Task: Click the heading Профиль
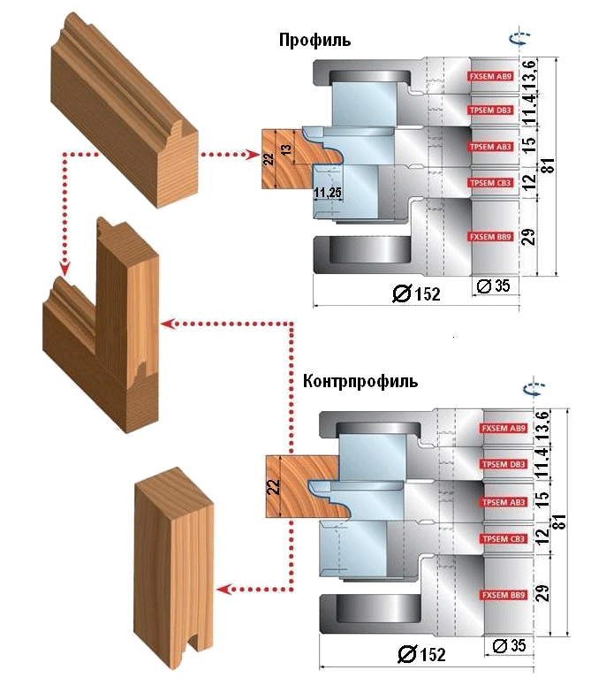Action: [x=314, y=41]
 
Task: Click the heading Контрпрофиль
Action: [x=360, y=382]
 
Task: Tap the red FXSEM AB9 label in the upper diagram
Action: [x=490, y=77]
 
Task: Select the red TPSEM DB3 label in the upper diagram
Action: [x=490, y=110]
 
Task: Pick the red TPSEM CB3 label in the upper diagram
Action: [x=490, y=183]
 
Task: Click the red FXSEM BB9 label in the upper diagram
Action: [x=490, y=236]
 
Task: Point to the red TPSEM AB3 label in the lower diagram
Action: [x=503, y=503]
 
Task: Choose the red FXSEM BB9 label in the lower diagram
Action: [x=503, y=593]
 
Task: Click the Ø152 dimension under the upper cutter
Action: [x=417, y=293]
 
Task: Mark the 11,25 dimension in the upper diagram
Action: [x=327, y=191]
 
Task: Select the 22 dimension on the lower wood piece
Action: [x=274, y=486]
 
